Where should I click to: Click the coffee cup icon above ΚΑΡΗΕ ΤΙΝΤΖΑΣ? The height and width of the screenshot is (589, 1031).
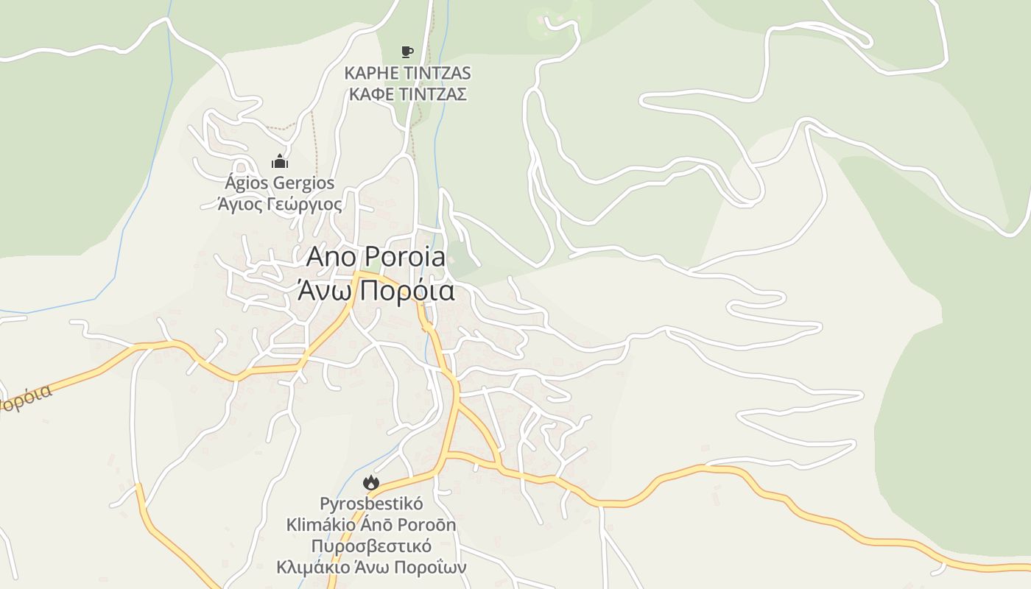pyautogui.click(x=407, y=52)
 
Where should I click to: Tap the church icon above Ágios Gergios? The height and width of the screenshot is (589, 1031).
pyautogui.click(x=279, y=161)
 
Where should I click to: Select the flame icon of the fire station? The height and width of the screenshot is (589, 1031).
pyautogui.click(x=370, y=483)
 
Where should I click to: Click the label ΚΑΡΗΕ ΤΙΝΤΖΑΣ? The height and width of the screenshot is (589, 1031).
pyautogui.click(x=407, y=73)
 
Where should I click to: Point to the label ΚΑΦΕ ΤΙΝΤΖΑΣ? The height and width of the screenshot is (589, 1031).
pyautogui.click(x=407, y=94)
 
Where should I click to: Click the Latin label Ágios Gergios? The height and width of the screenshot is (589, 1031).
pyautogui.click(x=280, y=183)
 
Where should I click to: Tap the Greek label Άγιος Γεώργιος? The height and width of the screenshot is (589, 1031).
pyautogui.click(x=280, y=204)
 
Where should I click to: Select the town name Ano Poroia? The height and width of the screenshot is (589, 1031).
pyautogui.click(x=376, y=257)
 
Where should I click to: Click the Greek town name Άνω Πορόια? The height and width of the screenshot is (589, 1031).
pyautogui.click(x=376, y=291)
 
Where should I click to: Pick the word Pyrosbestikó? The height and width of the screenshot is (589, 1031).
pyautogui.click(x=371, y=504)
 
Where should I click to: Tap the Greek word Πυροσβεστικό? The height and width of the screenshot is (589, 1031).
pyautogui.click(x=371, y=546)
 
